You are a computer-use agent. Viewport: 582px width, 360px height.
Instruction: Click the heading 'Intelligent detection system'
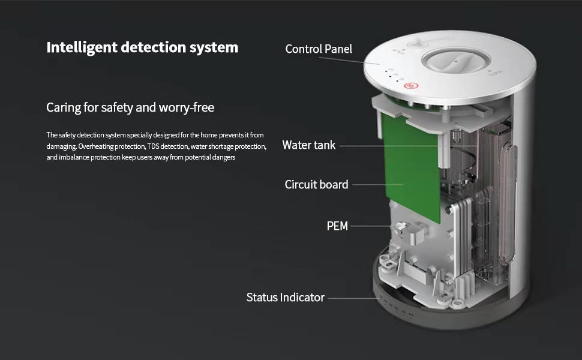point(142,48)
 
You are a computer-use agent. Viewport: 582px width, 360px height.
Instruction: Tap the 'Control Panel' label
point(319,49)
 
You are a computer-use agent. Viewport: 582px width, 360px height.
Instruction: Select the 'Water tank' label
point(309,145)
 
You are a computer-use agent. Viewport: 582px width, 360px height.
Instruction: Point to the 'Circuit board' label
point(316,184)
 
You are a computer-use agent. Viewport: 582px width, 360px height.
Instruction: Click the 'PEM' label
point(337,226)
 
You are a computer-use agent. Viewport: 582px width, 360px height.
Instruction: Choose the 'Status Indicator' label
point(286,297)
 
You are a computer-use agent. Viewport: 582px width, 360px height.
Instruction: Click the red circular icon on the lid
point(411,86)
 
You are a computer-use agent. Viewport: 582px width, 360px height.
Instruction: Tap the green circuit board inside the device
point(410,167)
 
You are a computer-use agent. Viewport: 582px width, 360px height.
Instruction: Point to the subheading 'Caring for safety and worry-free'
point(130,107)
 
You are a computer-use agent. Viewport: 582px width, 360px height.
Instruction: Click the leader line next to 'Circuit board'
point(377,184)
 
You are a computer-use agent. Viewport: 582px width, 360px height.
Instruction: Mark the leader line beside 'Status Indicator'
point(353,298)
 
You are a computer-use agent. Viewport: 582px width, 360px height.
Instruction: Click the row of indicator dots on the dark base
point(395,307)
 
